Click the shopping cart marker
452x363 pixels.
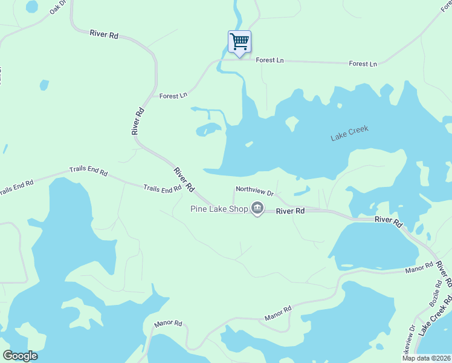pyautogui.click(x=239, y=42)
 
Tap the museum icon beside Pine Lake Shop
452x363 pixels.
pyautogui.click(x=257, y=209)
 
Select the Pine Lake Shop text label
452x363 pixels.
pyautogui.click(x=219, y=209)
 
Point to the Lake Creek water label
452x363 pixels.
pyautogui.click(x=349, y=134)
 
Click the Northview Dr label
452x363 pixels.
pyautogui.click(x=255, y=190)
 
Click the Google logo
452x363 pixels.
pyautogui.click(x=20, y=356)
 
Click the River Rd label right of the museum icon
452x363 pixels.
pyautogui.click(x=291, y=211)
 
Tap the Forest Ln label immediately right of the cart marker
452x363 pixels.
pyautogui.click(x=270, y=60)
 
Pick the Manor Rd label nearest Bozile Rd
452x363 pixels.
pyautogui.click(x=419, y=267)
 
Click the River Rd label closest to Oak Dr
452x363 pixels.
pyautogui.click(x=104, y=34)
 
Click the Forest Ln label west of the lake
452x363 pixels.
pyautogui.click(x=173, y=96)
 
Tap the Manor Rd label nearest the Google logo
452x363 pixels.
pyautogui.click(x=168, y=324)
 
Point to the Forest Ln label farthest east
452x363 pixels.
pyautogui.click(x=363, y=64)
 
